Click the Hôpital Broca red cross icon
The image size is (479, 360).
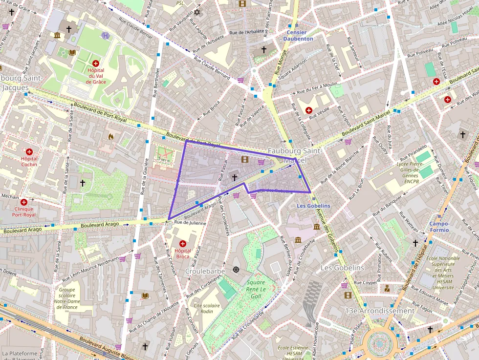click(183, 243)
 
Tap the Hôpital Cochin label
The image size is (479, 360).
click(29, 161)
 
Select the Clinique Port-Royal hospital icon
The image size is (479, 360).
click(23, 202)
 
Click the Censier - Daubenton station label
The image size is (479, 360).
click(297, 35)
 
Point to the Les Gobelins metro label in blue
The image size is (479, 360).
click(313, 206)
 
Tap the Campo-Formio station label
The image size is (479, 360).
click(439, 227)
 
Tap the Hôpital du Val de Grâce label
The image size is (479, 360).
click(96, 76)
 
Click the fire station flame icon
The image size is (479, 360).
click(111, 137)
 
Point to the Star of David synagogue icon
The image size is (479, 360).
click(197, 12)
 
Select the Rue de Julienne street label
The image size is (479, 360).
click(190, 223)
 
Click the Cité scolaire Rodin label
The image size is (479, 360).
click(207, 308)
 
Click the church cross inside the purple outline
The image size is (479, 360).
click(234, 177)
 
